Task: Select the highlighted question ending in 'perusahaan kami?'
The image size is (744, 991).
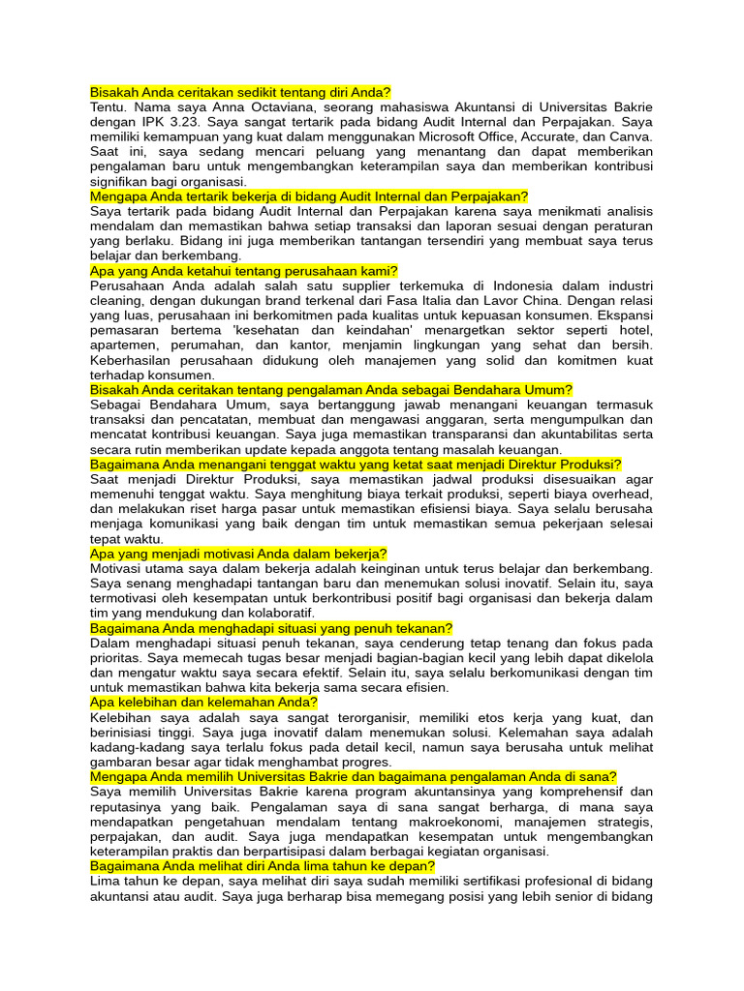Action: [244, 271]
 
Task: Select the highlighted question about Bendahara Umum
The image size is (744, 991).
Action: [331, 389]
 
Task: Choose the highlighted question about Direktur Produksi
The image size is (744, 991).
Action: [356, 465]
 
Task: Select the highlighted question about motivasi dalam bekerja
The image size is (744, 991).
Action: [238, 554]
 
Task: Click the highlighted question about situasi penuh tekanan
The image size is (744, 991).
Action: [271, 628]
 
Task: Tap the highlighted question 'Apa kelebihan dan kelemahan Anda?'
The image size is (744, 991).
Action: [203, 702]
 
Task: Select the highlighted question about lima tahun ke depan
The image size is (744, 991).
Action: [263, 866]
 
